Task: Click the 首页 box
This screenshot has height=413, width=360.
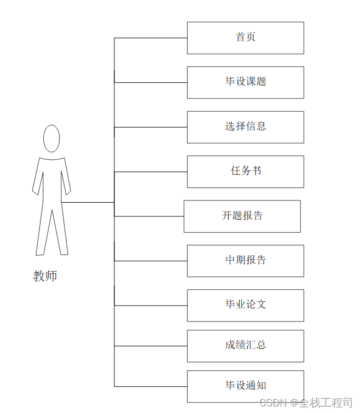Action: (245, 38)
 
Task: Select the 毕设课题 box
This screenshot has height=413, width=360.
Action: (245, 82)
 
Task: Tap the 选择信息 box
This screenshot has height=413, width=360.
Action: (245, 127)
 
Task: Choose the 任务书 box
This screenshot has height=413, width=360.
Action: (245, 171)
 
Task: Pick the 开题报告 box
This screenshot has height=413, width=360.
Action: (242, 216)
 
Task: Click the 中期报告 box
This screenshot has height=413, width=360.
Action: (245, 261)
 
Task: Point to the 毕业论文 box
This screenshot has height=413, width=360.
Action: (245, 305)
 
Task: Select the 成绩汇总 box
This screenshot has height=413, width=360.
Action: (245, 346)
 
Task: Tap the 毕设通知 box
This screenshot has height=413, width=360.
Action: (245, 386)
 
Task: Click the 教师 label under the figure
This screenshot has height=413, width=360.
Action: (45, 276)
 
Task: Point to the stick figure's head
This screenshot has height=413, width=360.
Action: (51, 139)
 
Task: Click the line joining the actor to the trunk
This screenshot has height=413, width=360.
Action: (88, 203)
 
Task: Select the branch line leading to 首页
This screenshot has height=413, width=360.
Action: (150, 38)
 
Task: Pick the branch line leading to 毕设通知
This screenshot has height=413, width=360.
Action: (150, 387)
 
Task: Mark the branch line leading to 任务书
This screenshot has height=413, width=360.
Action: (150, 172)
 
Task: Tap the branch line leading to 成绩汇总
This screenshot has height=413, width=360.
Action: (150, 346)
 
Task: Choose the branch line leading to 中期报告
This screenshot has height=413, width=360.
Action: (150, 261)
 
